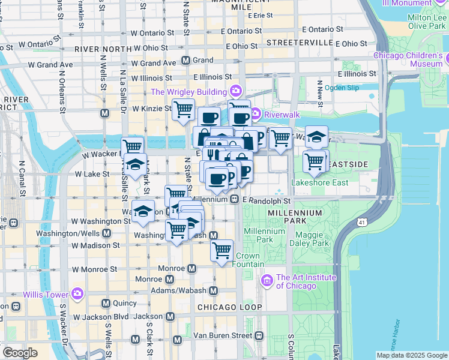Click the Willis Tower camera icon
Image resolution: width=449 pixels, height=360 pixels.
[77, 293]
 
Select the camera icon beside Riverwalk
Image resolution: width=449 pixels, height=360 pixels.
[255, 112]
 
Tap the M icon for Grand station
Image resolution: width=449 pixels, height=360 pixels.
[186, 60]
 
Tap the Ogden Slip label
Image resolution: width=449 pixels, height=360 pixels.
[342, 88]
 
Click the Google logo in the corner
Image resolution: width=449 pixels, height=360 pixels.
[20, 353]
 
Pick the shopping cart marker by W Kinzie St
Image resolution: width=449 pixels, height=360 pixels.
[183, 109]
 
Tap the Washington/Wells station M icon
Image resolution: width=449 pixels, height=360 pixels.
[106, 233]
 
